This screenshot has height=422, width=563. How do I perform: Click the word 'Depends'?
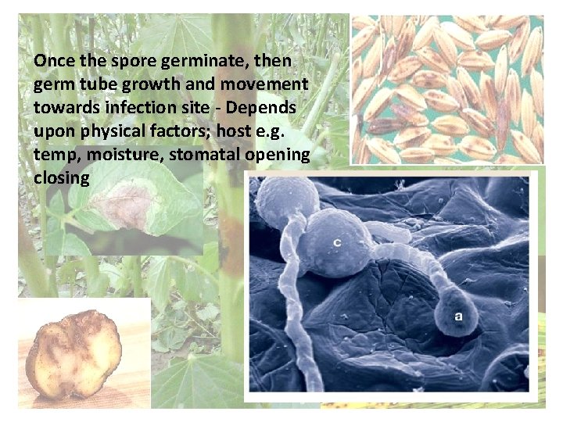point(265,108)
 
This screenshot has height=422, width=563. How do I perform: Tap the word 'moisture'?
point(120,155)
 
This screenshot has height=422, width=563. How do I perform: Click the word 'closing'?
point(62,178)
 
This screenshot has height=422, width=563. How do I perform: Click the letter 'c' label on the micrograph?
point(337,242)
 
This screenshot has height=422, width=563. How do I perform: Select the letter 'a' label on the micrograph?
point(459,316)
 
